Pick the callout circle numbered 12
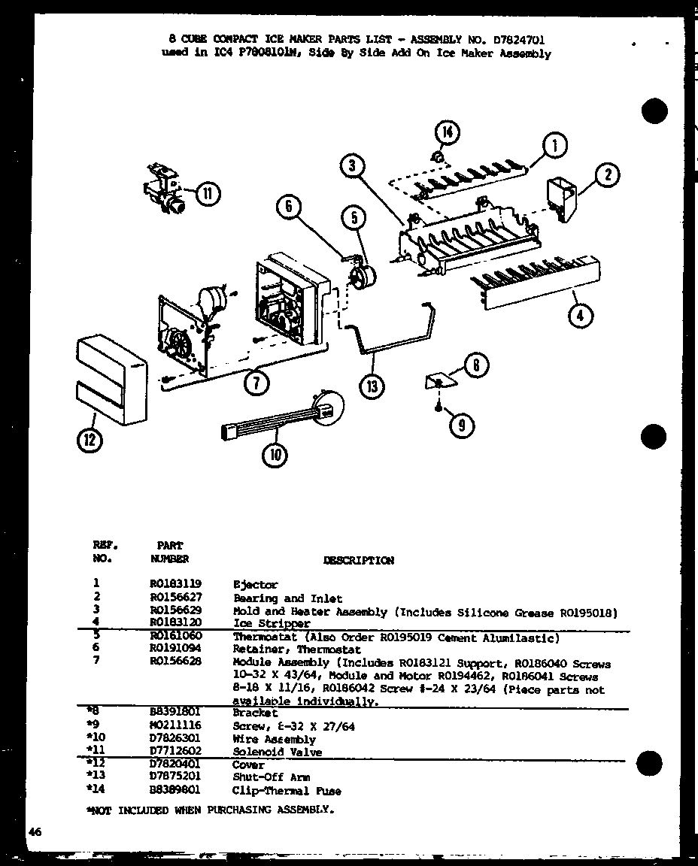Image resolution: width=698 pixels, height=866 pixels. (x=90, y=441)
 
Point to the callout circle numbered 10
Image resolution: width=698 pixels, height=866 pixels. (x=275, y=453)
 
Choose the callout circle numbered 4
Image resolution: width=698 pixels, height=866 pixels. (x=580, y=316)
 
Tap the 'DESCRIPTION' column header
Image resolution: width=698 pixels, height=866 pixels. (x=358, y=560)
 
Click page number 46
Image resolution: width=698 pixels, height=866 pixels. (x=35, y=831)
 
